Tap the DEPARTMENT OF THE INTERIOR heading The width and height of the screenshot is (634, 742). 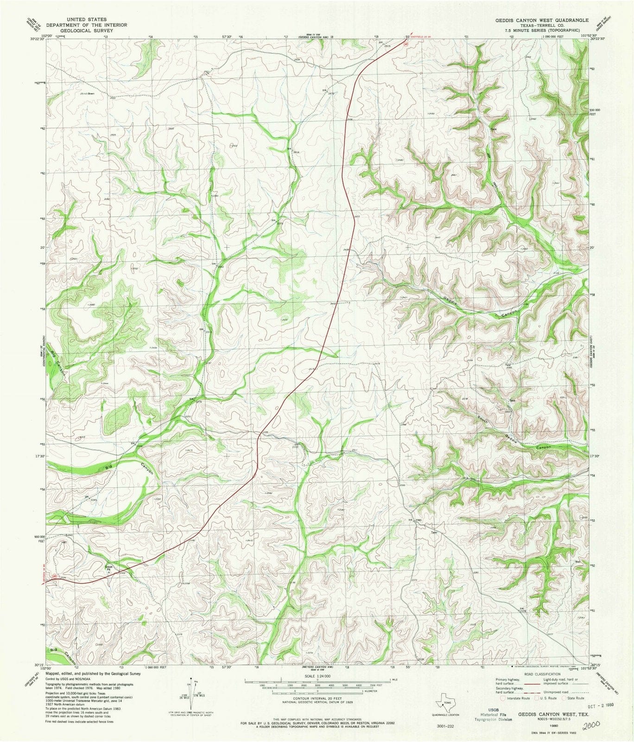83,26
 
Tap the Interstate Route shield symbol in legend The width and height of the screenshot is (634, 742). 498,711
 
